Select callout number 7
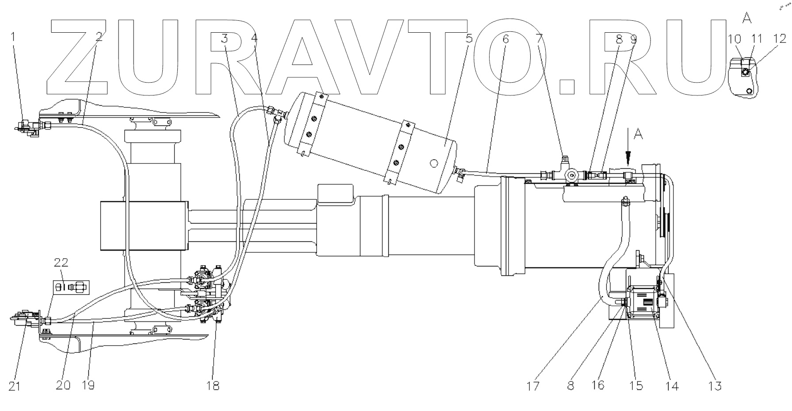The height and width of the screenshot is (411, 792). pyautogui.click(x=539, y=39)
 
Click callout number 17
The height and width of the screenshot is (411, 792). pyautogui.click(x=533, y=386)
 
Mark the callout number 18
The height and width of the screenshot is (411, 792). pyautogui.click(x=213, y=386)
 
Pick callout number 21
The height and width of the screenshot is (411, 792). pyautogui.click(x=15, y=386)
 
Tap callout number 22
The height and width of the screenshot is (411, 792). pyautogui.click(x=61, y=263)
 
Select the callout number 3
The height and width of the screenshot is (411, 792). pyautogui.click(x=225, y=39)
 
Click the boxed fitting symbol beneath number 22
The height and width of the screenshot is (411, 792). pyautogui.click(x=71, y=287)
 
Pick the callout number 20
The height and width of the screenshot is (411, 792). pyautogui.click(x=63, y=386)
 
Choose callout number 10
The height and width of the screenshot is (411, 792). pyautogui.click(x=736, y=39)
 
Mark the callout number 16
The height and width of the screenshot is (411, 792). pyautogui.click(x=598, y=386)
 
